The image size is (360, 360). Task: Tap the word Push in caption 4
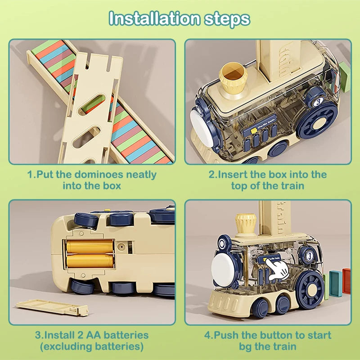228,335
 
